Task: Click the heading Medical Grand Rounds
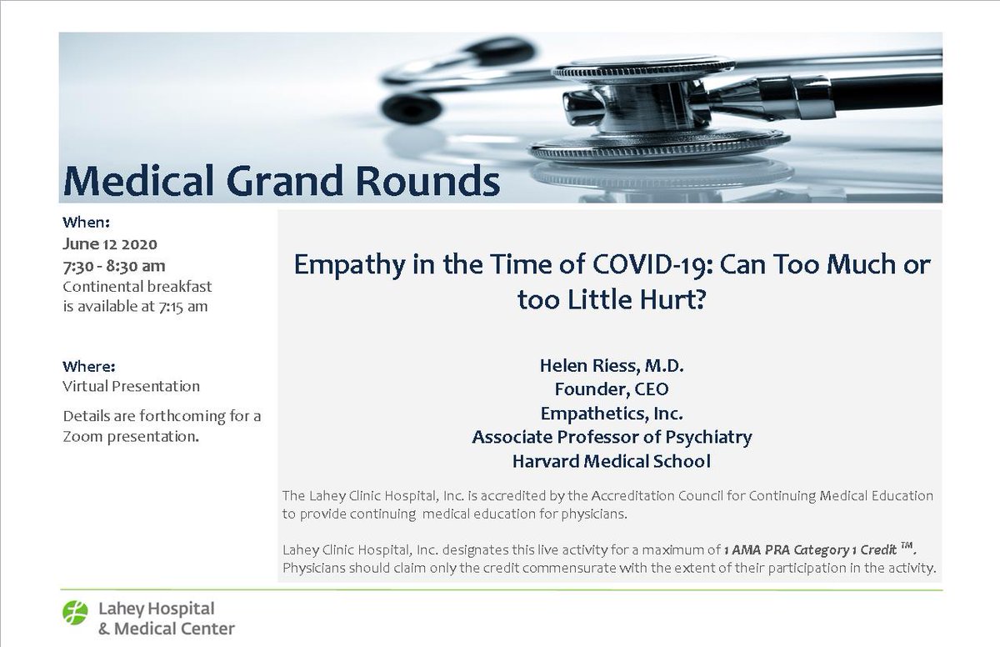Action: [282, 180]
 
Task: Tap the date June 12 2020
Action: [110, 244]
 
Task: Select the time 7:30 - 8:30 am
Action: [114, 266]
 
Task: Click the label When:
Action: [87, 223]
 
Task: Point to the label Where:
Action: [89, 366]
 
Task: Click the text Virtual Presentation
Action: [132, 387]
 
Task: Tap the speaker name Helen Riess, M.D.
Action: [612, 365]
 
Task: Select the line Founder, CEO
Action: [612, 389]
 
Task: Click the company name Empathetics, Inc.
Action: [612, 414]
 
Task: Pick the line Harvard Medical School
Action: [612, 461]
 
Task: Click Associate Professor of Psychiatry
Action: [612, 437]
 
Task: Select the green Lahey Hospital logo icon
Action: [75, 613]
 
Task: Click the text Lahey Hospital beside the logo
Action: [157, 609]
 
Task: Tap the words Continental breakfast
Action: [137, 287]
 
